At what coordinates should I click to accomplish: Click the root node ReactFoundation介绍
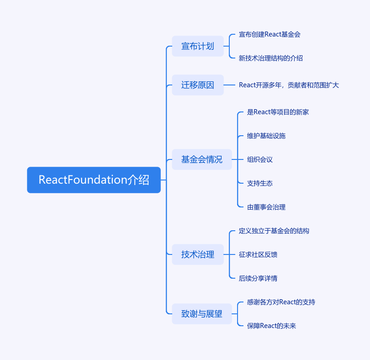pos(94,180)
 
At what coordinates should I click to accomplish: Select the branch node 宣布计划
pos(198,46)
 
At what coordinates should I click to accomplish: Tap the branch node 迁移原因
pos(198,85)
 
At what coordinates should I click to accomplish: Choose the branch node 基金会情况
pos(202,159)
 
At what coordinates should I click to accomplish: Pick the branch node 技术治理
pos(198,254)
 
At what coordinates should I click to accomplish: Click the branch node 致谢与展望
pos(202,314)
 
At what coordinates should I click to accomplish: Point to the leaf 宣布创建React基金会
pos(270,34)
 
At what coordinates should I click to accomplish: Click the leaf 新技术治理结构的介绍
pos(271,58)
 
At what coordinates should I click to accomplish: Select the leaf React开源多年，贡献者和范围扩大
pos(289,85)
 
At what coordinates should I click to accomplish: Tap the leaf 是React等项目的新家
pos(278,112)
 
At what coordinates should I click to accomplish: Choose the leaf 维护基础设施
pos(266,136)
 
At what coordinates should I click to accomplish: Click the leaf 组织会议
pos(260,159)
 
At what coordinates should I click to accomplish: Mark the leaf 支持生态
pos(260,183)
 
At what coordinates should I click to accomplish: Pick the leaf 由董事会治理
pos(266,207)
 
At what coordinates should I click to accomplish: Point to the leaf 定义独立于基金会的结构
pos(274,231)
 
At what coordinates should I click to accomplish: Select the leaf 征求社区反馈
pos(258,254)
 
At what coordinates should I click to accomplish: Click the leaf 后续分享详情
pos(258,278)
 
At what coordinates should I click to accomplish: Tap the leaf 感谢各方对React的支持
pos(281,302)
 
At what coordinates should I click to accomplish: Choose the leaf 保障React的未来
pos(271,326)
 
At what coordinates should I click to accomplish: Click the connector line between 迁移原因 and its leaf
pos(229,85)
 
